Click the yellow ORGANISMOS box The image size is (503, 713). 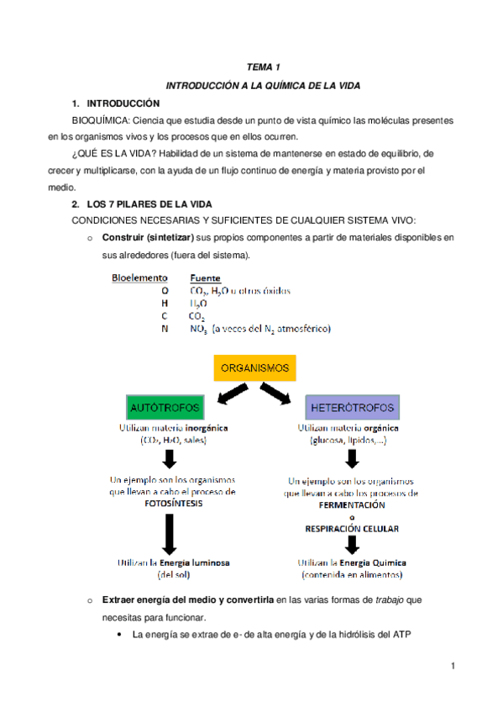point(254,368)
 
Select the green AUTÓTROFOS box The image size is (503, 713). point(165,408)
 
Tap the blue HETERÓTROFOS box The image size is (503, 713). point(352,408)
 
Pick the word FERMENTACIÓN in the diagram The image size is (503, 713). point(351,505)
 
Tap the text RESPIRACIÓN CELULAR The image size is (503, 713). point(351,529)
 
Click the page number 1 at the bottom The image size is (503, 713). point(452,667)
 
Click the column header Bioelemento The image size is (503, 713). point(140,277)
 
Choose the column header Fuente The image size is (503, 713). point(206,277)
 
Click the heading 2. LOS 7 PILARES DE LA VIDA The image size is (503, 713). point(142,204)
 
